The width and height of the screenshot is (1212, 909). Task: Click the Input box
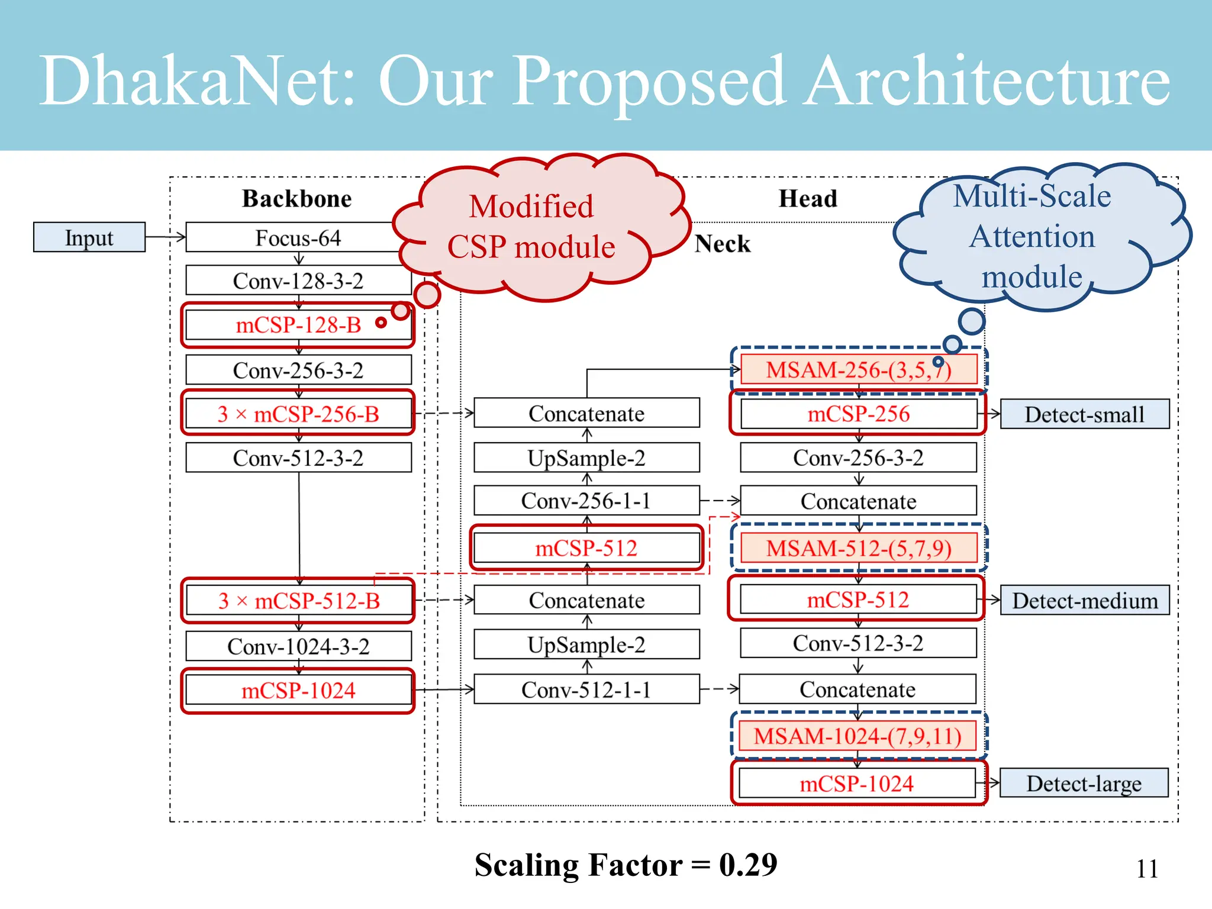[89, 237]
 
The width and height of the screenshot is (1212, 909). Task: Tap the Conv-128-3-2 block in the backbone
[298, 281]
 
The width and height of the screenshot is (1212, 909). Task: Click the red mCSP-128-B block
[298, 325]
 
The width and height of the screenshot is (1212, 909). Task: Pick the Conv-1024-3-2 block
[298, 646]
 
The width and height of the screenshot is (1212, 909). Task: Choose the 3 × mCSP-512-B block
[298, 601]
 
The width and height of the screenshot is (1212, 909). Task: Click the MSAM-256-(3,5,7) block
[858, 370]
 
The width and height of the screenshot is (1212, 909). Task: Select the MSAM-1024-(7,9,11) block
[857, 736]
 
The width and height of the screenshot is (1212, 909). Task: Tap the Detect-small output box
[1084, 414]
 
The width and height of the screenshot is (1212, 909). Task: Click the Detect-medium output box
[1084, 601]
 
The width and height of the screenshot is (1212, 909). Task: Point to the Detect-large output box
[1084, 784]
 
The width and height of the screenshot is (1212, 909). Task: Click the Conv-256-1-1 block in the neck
[586, 501]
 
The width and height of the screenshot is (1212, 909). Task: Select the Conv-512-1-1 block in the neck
[586, 689]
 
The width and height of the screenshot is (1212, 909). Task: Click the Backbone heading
[296, 198]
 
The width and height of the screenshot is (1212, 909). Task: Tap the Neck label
[722, 244]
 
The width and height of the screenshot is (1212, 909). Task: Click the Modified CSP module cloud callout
[531, 227]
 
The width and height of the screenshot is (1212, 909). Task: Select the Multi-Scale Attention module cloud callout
[1032, 236]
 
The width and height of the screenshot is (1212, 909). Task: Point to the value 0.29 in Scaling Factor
[747, 865]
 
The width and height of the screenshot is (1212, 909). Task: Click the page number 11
[1147, 869]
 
